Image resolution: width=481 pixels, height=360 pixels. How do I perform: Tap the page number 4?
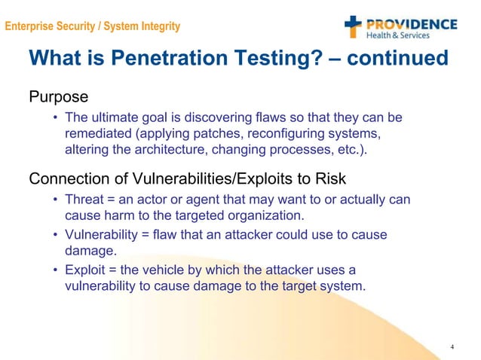pyautogui.click(x=451, y=346)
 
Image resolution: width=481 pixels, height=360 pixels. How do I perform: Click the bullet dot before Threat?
pyautogui.click(x=56, y=200)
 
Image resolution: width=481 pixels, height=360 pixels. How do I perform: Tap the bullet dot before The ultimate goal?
pyautogui.click(x=56, y=118)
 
